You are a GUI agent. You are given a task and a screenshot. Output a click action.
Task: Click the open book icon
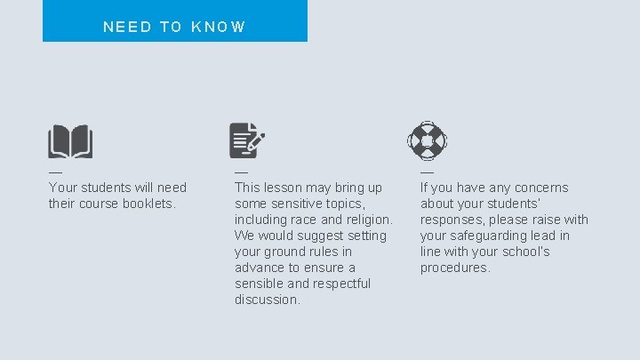[70, 140]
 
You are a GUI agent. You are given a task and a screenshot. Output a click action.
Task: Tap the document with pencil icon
[247, 140]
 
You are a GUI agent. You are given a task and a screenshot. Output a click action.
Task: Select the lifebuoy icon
[427, 140]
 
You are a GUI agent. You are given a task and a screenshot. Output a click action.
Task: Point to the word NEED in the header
[128, 27]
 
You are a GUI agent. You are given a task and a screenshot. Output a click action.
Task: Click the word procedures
[454, 268]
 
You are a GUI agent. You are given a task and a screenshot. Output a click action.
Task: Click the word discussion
[268, 300]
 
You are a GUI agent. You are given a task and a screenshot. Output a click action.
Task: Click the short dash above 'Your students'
[55, 172]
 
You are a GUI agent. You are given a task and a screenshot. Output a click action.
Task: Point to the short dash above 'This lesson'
[241, 172]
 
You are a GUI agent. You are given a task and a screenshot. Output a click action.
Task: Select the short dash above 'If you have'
[427, 172]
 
